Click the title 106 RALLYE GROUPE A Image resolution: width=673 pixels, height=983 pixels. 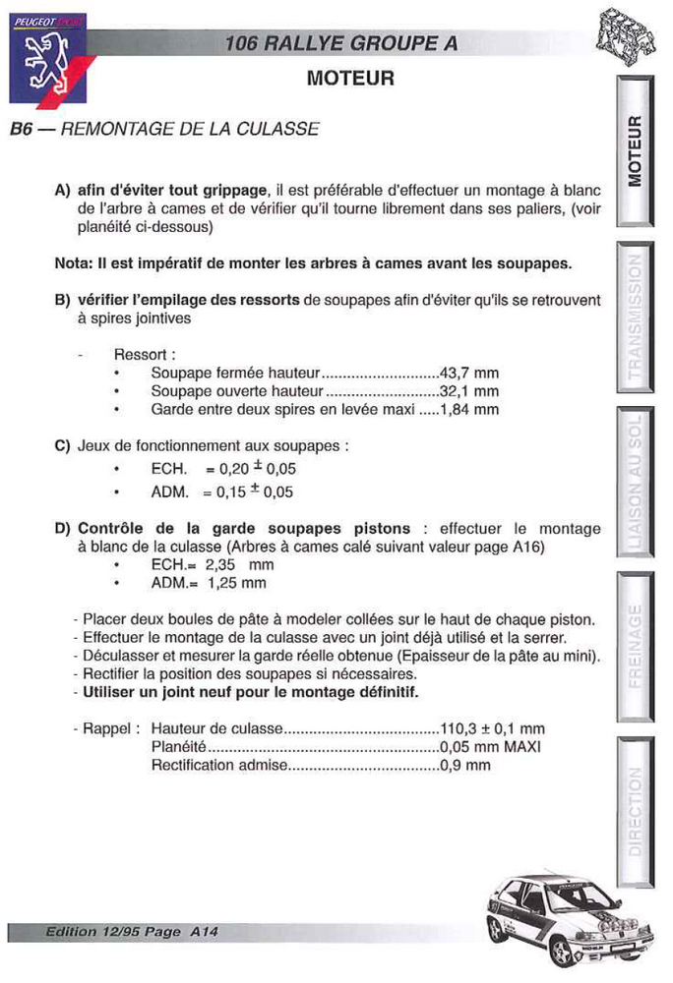coord(340,44)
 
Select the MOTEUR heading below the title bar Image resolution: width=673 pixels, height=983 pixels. coord(350,79)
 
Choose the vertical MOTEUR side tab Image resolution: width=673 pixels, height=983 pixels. coord(636,152)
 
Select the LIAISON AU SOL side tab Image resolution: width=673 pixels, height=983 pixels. coord(636,483)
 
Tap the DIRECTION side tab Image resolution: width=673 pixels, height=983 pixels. coord(636,811)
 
